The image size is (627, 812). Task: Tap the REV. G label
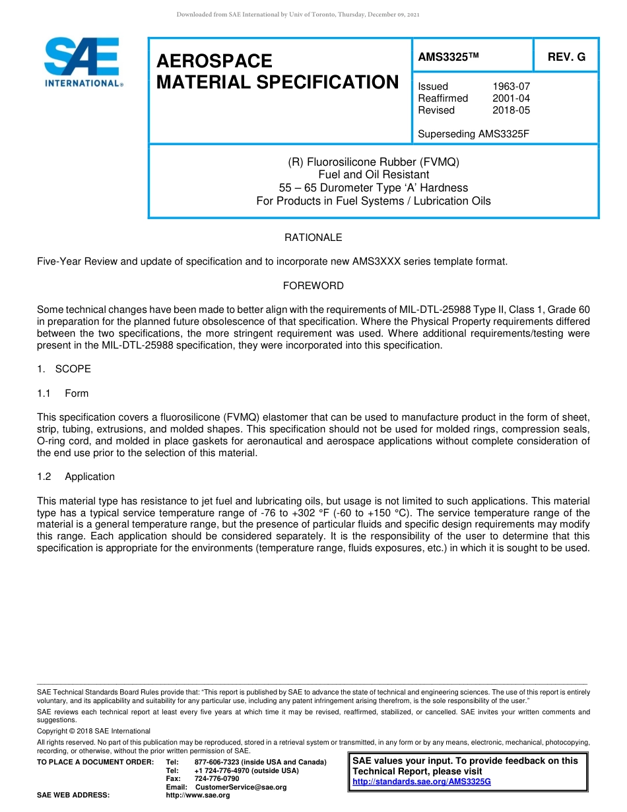[566, 57]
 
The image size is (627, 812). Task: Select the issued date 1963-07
[511, 86]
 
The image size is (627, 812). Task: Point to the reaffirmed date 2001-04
[511, 98]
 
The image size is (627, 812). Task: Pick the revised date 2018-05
[511, 110]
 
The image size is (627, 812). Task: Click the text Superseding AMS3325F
[474, 134]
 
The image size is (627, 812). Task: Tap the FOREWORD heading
[313, 286]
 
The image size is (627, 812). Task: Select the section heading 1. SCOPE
[64, 369]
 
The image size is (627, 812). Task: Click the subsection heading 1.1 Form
[63, 393]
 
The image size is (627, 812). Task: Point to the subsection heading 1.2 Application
[76, 477]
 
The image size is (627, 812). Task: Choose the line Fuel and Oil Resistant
[374, 175]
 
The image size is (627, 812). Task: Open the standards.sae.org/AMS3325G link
[422, 782]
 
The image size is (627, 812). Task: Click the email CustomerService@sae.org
[240, 788]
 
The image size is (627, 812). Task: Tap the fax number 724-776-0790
[216, 779]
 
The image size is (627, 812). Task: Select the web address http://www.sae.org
[198, 795]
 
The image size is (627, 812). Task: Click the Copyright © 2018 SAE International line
[94, 731]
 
